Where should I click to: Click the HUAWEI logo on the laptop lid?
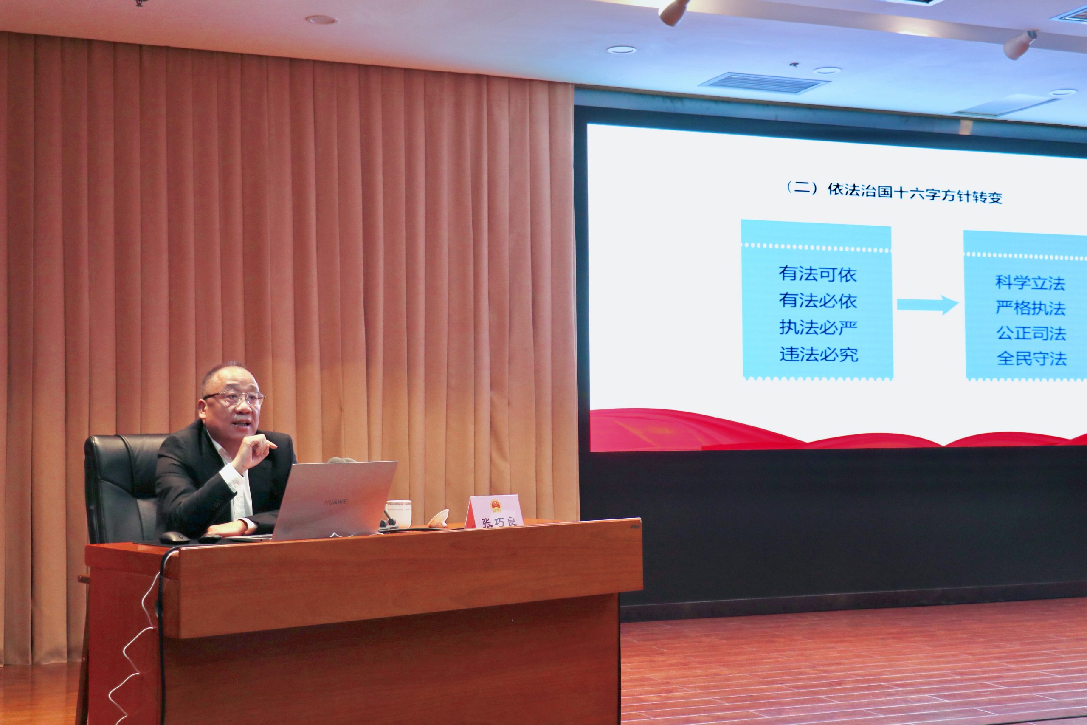pyautogui.click(x=336, y=502)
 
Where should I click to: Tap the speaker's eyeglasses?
pyautogui.click(x=235, y=397)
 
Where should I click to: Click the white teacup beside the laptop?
pyautogui.click(x=398, y=513)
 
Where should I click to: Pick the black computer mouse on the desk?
pyautogui.click(x=174, y=538)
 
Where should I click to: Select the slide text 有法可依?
pyautogui.click(x=817, y=274)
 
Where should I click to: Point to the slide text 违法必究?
pyautogui.click(x=819, y=354)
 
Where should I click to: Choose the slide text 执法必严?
pyautogui.click(x=818, y=327)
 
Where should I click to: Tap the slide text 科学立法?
pyautogui.click(x=1030, y=283)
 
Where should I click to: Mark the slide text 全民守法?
pyautogui.click(x=1031, y=358)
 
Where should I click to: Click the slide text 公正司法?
pyautogui.click(x=1031, y=333)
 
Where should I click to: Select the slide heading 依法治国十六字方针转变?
pyautogui.click(x=915, y=194)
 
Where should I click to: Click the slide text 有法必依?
pyautogui.click(x=817, y=301)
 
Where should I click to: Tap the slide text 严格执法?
pyautogui.click(x=1031, y=308)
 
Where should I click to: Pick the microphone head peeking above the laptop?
pyautogui.click(x=341, y=460)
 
